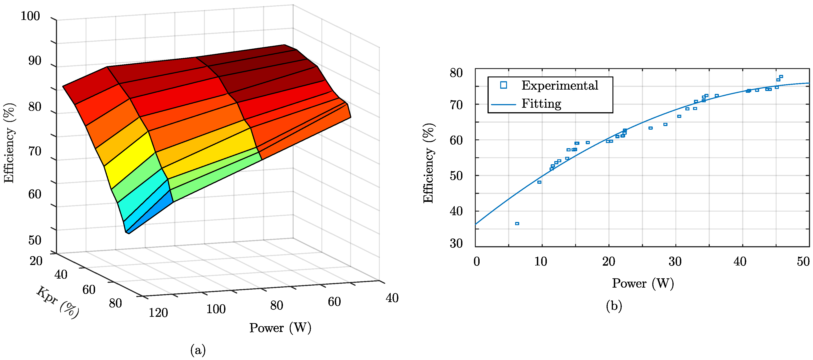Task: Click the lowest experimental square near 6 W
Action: pyautogui.click(x=517, y=223)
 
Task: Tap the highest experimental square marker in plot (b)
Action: pyautogui.click(x=781, y=76)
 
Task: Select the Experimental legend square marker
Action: pyautogui.click(x=504, y=85)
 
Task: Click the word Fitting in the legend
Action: pyautogui.click(x=541, y=103)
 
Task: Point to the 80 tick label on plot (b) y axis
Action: pyautogui.click(x=456, y=73)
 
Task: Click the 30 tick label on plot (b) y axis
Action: pyautogui.click(x=456, y=243)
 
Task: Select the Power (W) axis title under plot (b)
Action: pyautogui.click(x=643, y=283)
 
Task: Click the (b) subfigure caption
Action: pyautogui.click(x=614, y=306)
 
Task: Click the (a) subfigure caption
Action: pyautogui.click(x=198, y=350)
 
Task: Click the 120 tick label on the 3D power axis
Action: pyautogui.click(x=158, y=313)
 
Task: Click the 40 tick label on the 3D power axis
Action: pyautogui.click(x=392, y=298)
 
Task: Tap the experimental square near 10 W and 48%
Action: pyautogui.click(x=539, y=182)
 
